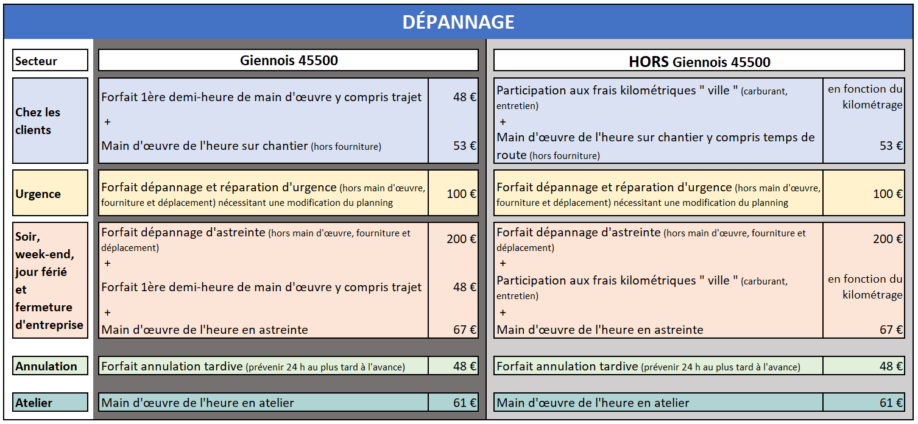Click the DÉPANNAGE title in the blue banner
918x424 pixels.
458,22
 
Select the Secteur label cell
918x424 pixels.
37,61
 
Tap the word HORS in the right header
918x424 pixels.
649,62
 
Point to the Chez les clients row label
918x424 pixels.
38,121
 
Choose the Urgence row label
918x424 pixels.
38,194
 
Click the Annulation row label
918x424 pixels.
46,366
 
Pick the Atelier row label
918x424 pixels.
34,403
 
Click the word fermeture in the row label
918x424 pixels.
44,307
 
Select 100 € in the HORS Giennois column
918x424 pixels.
888,194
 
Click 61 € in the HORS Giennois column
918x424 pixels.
891,403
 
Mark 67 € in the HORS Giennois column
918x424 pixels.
891,330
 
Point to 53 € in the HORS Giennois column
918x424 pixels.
891,146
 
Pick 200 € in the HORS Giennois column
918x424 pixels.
888,239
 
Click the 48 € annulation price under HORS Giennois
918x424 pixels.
891,366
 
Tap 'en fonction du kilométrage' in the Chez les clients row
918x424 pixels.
864,97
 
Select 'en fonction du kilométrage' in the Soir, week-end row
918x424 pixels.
864,287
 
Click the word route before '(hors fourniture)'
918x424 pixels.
512,155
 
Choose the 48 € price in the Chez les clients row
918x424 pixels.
464,97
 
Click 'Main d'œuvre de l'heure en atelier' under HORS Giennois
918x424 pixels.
593,403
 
